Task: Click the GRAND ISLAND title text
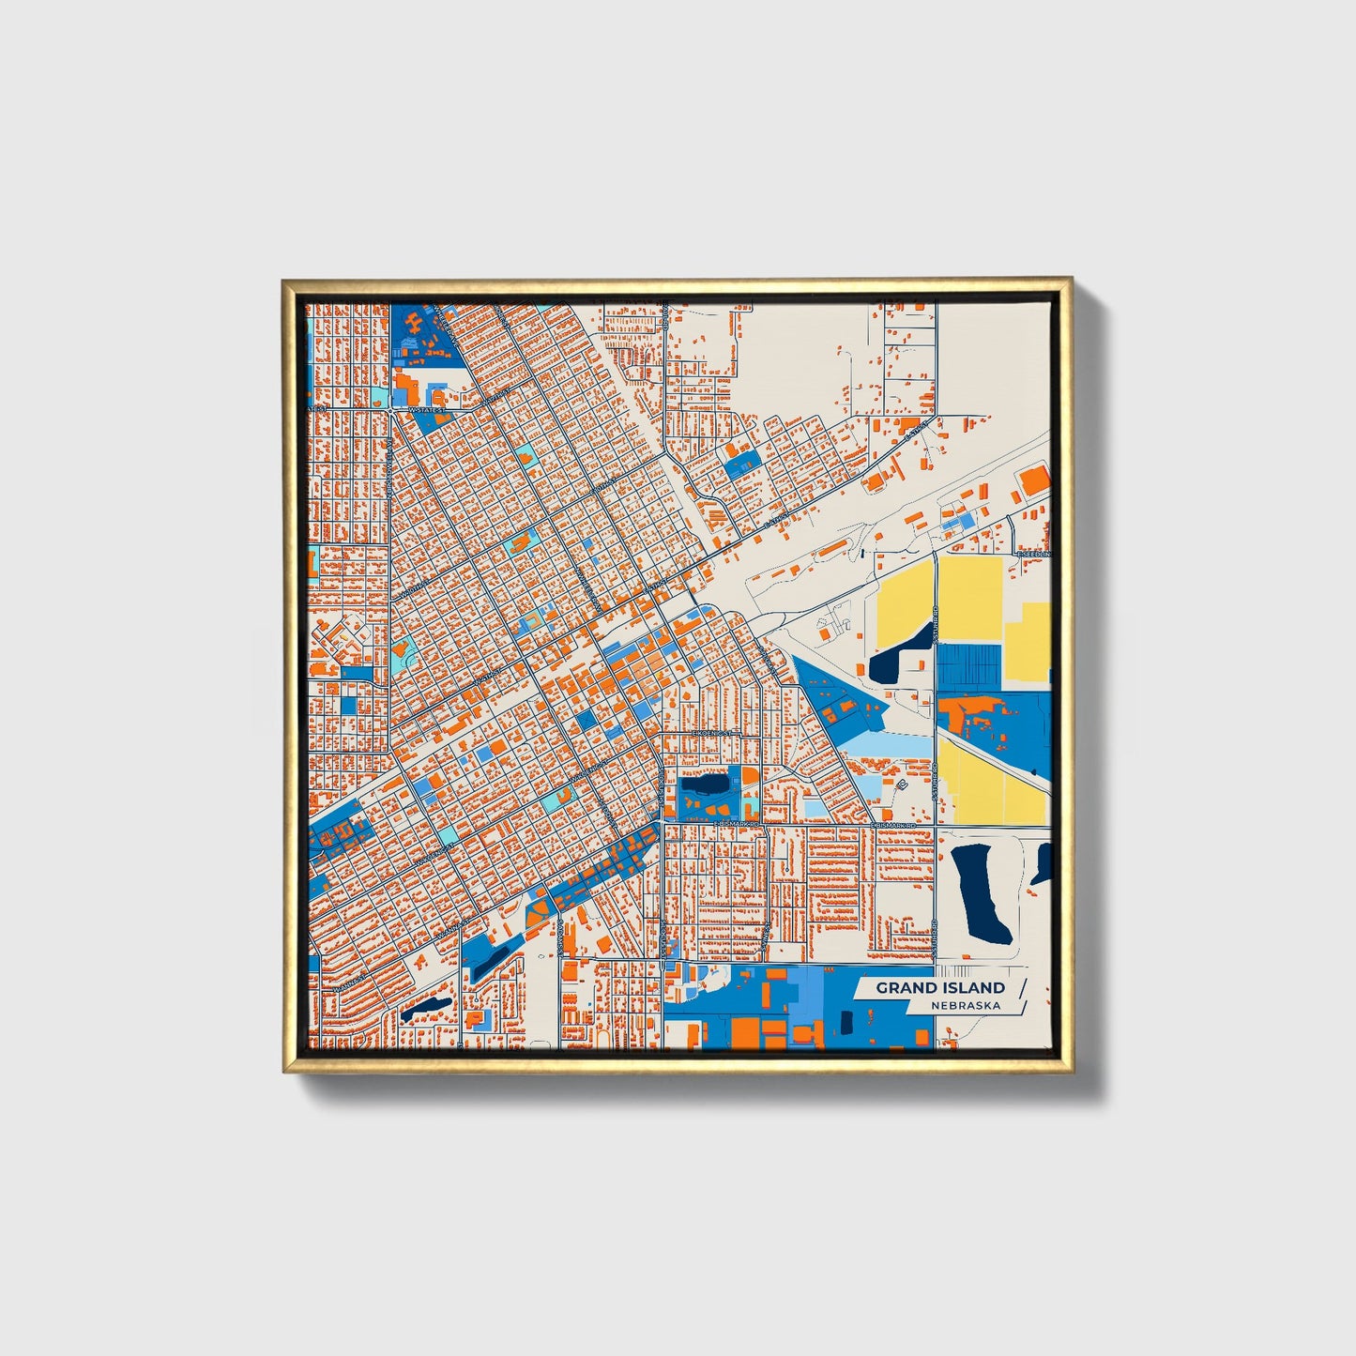click(x=940, y=987)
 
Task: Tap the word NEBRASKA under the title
click(x=966, y=1006)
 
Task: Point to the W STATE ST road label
click(x=425, y=410)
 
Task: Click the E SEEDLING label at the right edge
click(x=1034, y=555)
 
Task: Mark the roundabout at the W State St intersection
click(x=389, y=411)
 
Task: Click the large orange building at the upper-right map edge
click(x=1034, y=480)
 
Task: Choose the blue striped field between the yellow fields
click(x=970, y=667)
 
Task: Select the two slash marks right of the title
click(x=1021, y=997)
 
